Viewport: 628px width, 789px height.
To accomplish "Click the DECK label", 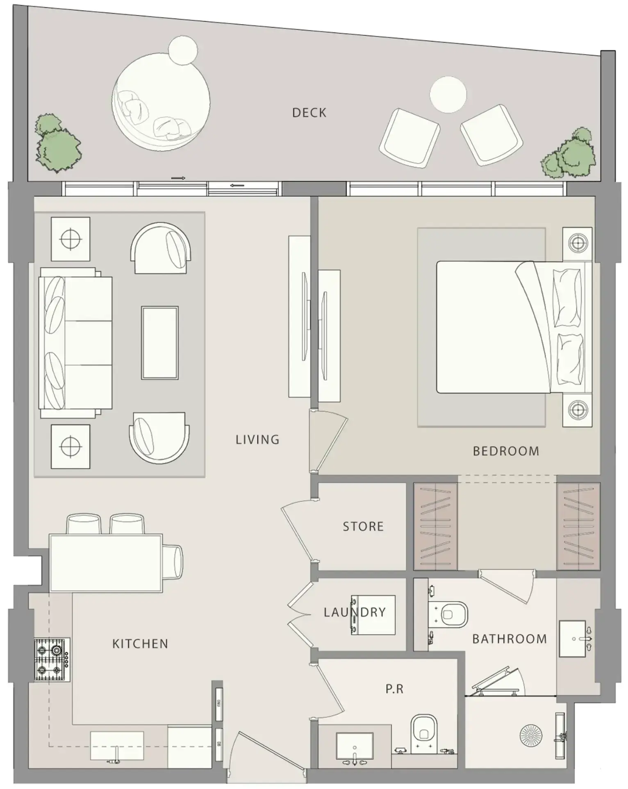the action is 309,113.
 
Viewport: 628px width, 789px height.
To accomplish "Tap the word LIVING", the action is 257,440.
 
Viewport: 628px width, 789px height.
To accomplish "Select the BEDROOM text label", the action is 506,451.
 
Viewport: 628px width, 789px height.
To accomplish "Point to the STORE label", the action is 363,526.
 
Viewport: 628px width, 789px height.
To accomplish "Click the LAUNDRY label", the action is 355,612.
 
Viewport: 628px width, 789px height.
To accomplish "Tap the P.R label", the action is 394,689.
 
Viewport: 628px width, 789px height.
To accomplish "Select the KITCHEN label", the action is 140,644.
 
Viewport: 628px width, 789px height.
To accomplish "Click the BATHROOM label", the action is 510,639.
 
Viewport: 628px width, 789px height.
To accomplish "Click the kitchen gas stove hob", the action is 52,660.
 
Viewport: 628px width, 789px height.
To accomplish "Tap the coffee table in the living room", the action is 160,343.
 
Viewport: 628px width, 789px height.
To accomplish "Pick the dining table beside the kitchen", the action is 106,563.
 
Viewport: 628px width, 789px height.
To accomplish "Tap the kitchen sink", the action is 117,746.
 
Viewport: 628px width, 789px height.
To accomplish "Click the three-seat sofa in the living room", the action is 75,343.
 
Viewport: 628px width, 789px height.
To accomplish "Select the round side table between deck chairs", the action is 448,95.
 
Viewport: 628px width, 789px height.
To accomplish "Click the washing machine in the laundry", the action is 373,615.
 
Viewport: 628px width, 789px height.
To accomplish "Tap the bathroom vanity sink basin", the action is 572,639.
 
